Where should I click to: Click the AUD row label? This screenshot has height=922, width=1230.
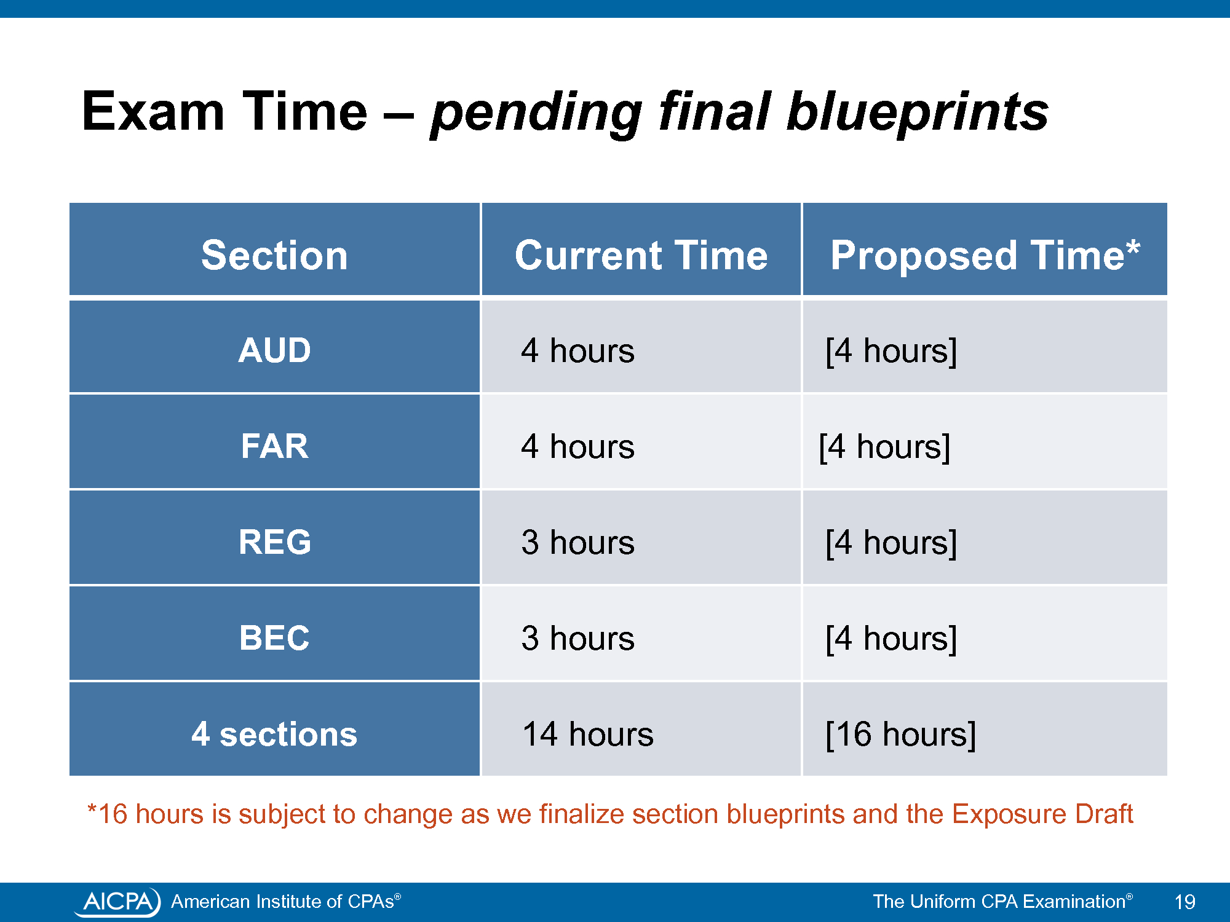[274, 350]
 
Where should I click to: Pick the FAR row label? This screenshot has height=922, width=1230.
[274, 446]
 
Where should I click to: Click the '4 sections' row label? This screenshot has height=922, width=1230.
[274, 734]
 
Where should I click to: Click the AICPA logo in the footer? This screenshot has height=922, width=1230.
[117, 902]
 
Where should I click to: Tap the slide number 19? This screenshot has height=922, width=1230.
[1184, 902]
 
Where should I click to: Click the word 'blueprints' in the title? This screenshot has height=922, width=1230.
[918, 112]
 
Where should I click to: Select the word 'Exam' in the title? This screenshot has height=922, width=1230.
[153, 111]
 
